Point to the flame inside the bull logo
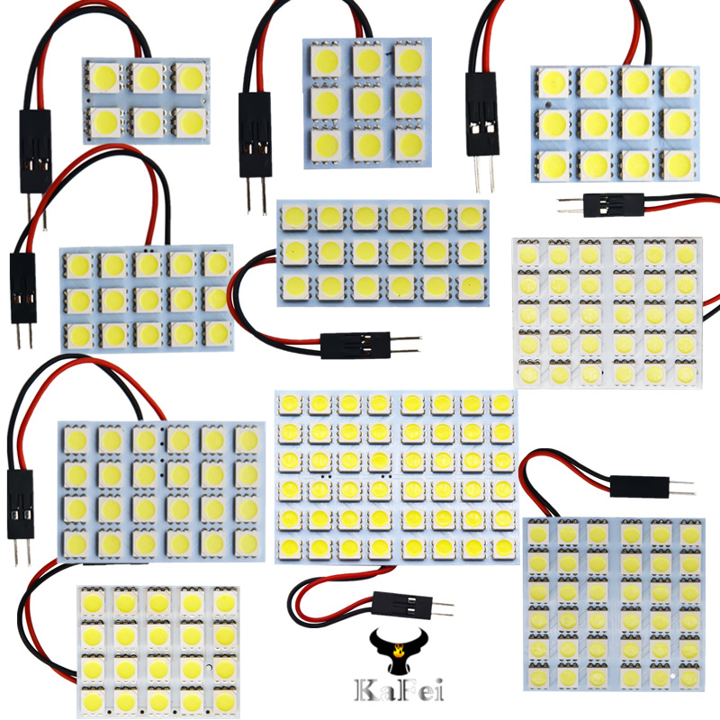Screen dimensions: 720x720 click(392, 644)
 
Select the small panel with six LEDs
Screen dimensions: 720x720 click(146, 100)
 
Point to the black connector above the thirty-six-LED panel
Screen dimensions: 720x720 click(639, 487)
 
